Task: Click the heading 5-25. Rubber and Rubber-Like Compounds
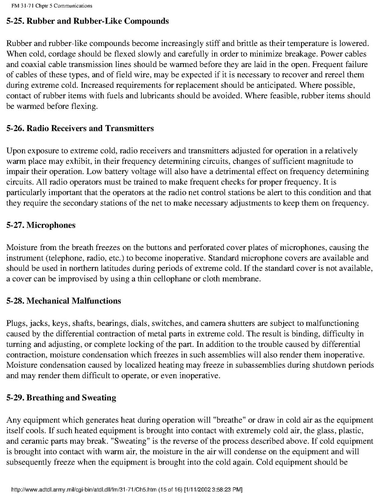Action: [x=88, y=21]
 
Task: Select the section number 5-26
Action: [x=15, y=128]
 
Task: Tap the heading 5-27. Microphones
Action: [x=41, y=225]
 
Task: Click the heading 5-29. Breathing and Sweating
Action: [x=61, y=397]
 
